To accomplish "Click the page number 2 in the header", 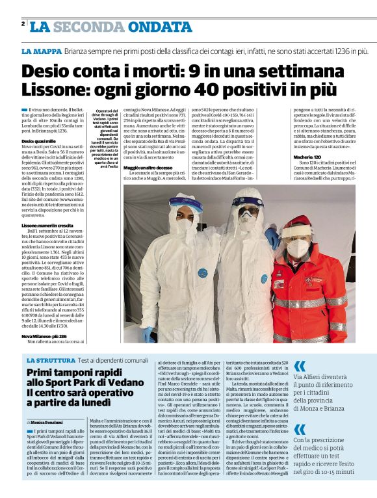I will pyautogui.click(x=23, y=24).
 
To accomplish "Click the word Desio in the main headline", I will pyautogui.click(x=50, y=70).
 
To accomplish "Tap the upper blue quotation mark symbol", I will pyautogui.click(x=300, y=366).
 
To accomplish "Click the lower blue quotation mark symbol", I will pyautogui.click(x=300, y=429).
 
